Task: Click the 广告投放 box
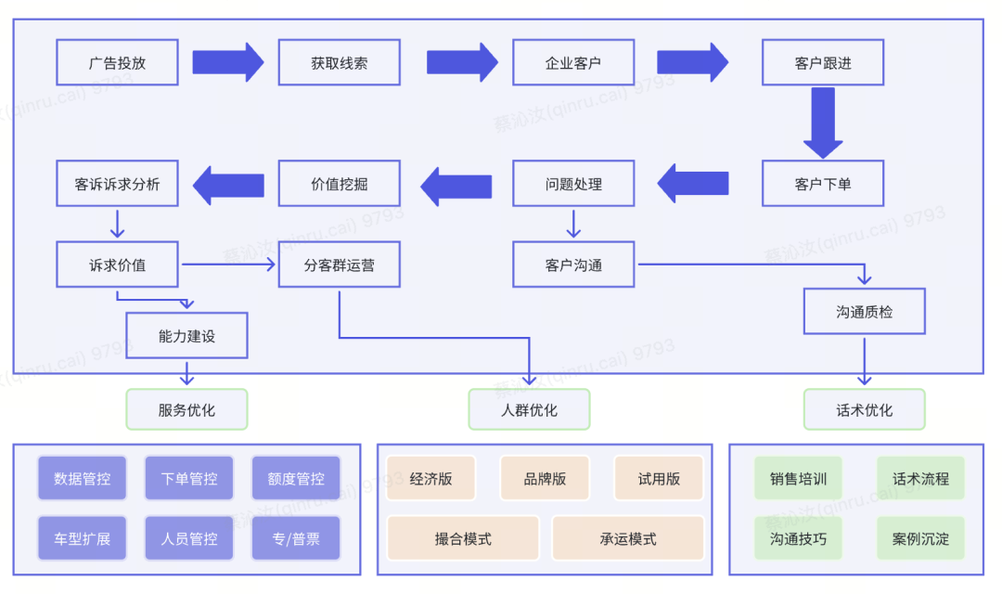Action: point(117,63)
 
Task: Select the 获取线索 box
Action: point(340,63)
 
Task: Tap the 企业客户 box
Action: point(573,63)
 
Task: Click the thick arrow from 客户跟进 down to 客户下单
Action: point(823,123)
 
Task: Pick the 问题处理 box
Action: point(573,184)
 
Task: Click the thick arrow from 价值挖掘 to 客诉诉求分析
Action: point(228,186)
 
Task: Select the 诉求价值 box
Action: point(117,265)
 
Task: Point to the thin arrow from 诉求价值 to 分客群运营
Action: point(228,265)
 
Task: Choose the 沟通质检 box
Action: point(864,312)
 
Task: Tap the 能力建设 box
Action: point(186,336)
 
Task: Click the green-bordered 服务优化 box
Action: point(186,409)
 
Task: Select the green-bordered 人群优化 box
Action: point(529,409)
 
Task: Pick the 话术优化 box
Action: point(864,409)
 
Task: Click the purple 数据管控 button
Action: point(82,478)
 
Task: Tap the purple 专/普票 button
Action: point(296,538)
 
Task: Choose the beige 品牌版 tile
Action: point(545,478)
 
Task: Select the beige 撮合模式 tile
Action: point(463,538)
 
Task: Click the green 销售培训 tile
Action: point(798,478)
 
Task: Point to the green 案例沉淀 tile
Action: point(920,538)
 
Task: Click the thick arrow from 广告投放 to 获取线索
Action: point(228,63)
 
